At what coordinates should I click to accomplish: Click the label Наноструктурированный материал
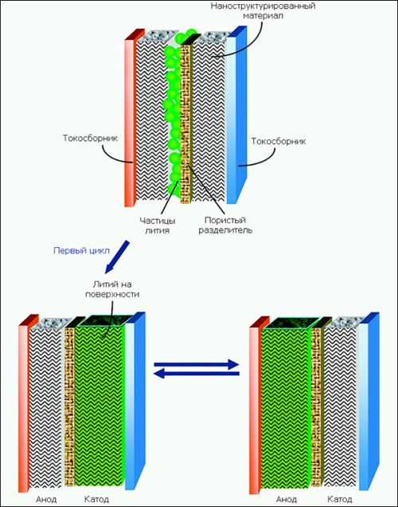pyautogui.click(x=263, y=10)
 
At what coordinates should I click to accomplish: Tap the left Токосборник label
pyautogui.click(x=91, y=138)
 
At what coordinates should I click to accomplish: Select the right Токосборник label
pyautogui.click(x=279, y=141)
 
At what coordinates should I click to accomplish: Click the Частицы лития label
pyautogui.click(x=157, y=226)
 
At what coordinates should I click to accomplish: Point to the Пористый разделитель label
pyautogui.click(x=225, y=225)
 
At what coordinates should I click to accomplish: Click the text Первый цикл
pyautogui.click(x=81, y=250)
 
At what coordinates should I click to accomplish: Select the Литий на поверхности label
pyautogui.click(x=112, y=289)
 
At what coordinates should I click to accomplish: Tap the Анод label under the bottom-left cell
pyautogui.click(x=46, y=499)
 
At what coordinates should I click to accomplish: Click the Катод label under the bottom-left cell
pyautogui.click(x=96, y=499)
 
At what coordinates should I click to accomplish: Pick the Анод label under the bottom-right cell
pyautogui.click(x=287, y=499)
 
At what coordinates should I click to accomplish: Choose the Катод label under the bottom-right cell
pyautogui.click(x=340, y=499)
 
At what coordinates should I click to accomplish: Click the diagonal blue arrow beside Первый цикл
pyautogui.click(x=117, y=257)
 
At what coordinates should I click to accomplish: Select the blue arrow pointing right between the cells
pyautogui.click(x=197, y=364)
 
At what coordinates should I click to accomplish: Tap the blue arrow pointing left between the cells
pyautogui.click(x=197, y=374)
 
